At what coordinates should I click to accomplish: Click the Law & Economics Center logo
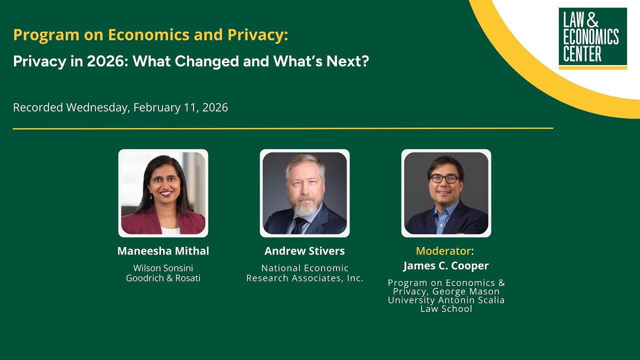coord(592,38)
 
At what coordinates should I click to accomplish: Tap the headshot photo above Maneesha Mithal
coord(163,193)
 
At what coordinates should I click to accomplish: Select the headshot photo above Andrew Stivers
coord(304,193)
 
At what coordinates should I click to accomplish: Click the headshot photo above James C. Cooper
coord(446,193)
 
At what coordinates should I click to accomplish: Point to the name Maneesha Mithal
coord(163,251)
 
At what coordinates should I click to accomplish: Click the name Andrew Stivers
coord(304,251)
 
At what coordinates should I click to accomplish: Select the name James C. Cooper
coord(446,265)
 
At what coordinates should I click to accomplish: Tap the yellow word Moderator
coord(443,250)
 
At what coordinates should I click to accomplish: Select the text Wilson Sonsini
coord(163,268)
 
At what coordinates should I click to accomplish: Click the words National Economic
coord(304,268)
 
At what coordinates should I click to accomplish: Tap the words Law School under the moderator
coord(446,308)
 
